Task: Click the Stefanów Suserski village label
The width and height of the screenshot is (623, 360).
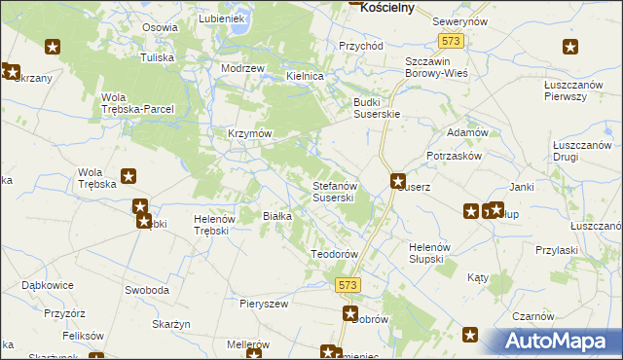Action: click(x=338, y=192)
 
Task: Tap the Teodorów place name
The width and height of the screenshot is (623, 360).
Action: click(x=335, y=254)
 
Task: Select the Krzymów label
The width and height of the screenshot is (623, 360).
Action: click(x=249, y=133)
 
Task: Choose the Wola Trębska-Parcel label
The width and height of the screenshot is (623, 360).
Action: click(x=137, y=103)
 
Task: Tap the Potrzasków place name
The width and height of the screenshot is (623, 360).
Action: click(x=455, y=156)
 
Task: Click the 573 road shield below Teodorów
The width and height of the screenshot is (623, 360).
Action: click(x=350, y=284)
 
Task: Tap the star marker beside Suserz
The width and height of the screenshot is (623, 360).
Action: click(x=398, y=180)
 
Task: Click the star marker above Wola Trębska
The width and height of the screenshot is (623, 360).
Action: click(x=128, y=176)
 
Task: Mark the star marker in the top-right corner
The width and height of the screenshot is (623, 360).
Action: click(x=570, y=46)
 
